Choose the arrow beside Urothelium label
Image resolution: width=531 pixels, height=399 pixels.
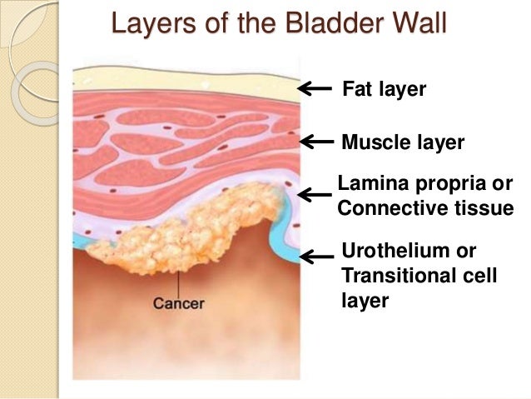coord(315,257)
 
